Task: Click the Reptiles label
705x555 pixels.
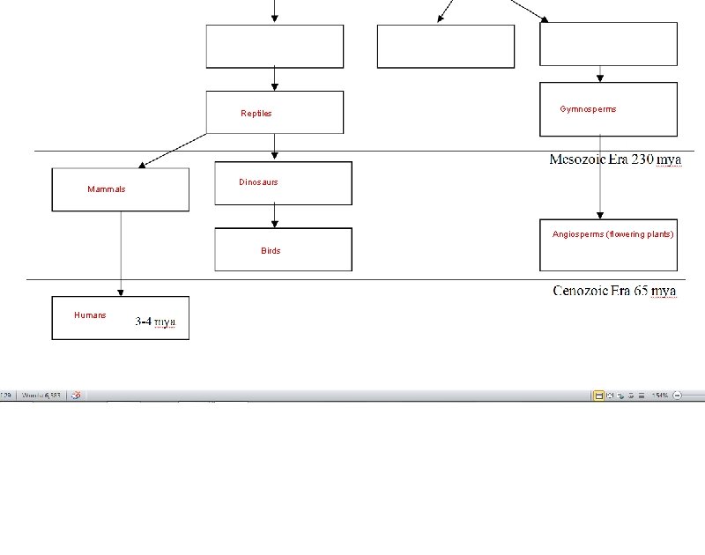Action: pyautogui.click(x=256, y=114)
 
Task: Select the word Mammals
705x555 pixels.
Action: pyautogui.click(x=107, y=189)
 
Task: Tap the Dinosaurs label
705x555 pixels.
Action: pyautogui.click(x=258, y=182)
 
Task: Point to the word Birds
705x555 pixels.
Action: pyautogui.click(x=271, y=251)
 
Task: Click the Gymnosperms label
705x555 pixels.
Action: pyautogui.click(x=588, y=109)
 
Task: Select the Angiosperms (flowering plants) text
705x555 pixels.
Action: pyautogui.click(x=612, y=234)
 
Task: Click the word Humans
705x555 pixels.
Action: pyautogui.click(x=90, y=315)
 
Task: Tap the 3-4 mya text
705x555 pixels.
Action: pyautogui.click(x=155, y=322)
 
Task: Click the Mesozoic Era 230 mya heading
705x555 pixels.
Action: pyautogui.click(x=615, y=159)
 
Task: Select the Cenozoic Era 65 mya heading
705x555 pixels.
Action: pyautogui.click(x=615, y=290)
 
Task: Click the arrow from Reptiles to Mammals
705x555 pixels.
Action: pyautogui.click(x=174, y=150)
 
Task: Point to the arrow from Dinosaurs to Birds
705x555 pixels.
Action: pyautogui.click(x=275, y=216)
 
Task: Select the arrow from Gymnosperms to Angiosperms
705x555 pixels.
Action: pyautogui.click(x=600, y=176)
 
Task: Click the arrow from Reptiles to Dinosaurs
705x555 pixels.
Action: pyautogui.click(x=275, y=146)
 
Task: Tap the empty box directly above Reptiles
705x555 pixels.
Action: pyautogui.click(x=275, y=46)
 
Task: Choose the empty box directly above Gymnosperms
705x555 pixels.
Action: pyautogui.click(x=608, y=44)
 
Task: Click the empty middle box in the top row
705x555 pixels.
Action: pyautogui.click(x=445, y=46)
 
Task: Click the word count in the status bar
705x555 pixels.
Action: pyautogui.click(x=41, y=396)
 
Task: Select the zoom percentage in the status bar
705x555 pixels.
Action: pyautogui.click(x=660, y=396)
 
